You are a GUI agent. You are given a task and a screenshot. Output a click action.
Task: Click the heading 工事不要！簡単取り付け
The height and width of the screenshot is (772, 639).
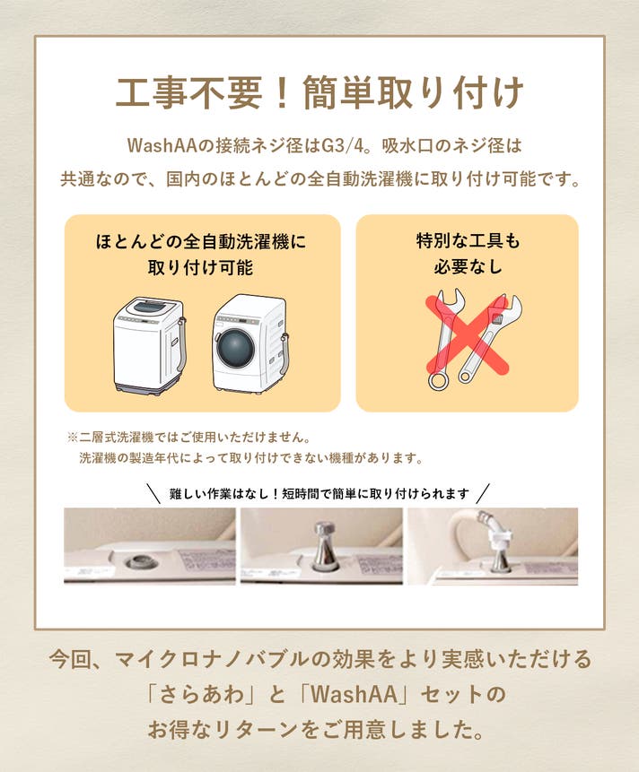[x=319, y=92]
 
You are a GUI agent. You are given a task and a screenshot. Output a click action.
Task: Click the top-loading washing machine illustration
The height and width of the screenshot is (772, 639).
[x=150, y=344]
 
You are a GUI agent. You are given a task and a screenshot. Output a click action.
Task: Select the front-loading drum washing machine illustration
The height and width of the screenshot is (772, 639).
[x=250, y=343]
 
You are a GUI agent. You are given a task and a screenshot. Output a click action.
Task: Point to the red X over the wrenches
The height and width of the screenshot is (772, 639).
[x=467, y=334]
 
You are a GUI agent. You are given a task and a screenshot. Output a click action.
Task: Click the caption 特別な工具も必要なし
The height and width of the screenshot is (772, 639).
[x=468, y=254]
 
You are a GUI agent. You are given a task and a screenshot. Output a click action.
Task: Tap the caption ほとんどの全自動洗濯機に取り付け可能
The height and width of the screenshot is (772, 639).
[x=201, y=255]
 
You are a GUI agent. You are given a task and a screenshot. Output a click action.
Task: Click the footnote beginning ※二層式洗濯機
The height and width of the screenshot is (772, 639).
[x=189, y=437]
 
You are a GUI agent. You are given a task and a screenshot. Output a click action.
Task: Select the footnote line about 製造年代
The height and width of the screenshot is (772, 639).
[x=251, y=458]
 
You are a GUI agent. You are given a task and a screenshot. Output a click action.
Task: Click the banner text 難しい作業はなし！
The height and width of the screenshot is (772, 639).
[x=224, y=494]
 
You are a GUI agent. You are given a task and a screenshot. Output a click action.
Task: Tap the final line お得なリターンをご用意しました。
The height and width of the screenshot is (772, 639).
[x=315, y=729]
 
